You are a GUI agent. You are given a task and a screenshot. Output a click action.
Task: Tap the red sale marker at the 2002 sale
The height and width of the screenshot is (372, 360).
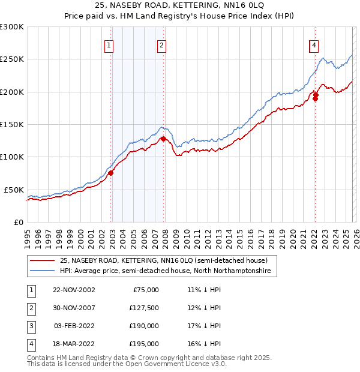click(x=110, y=173)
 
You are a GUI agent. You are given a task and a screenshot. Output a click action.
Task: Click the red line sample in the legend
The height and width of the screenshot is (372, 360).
click(x=43, y=260)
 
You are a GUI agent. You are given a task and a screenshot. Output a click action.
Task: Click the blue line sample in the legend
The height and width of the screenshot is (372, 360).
click(x=43, y=271)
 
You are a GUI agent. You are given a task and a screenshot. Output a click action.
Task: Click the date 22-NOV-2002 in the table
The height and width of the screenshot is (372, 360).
click(x=74, y=290)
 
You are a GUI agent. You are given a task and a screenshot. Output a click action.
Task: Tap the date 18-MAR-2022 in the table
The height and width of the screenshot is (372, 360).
click(x=74, y=344)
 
